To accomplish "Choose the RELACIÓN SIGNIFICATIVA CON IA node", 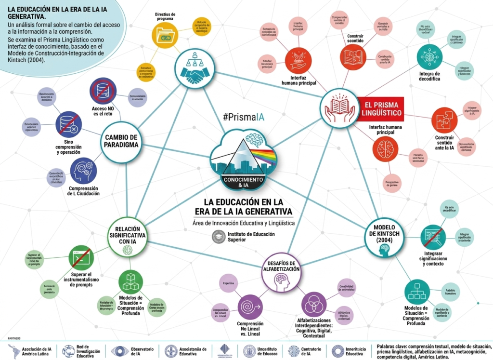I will (127, 236).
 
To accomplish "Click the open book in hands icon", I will (340, 108).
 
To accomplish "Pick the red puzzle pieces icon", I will (444, 120).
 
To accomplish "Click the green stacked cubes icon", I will (131, 280).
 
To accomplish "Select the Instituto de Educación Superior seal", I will (219, 237).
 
